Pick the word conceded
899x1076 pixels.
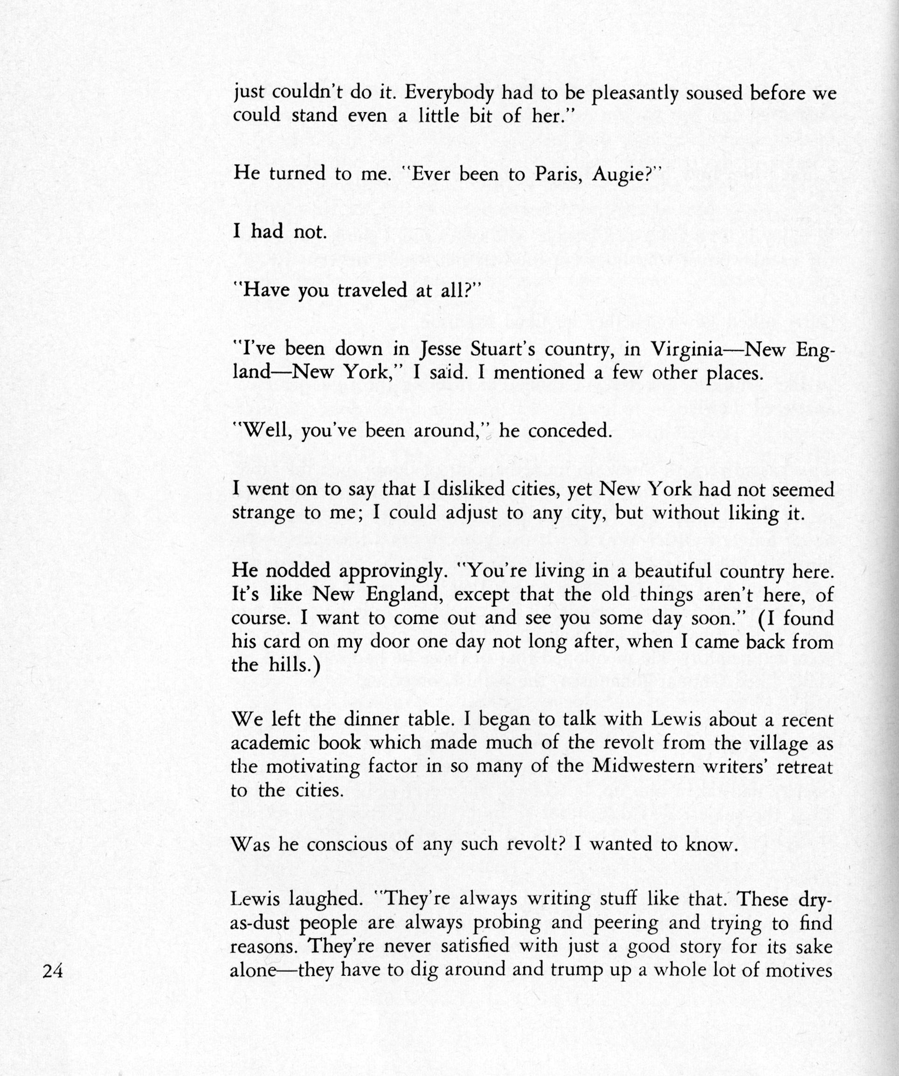click(570, 430)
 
